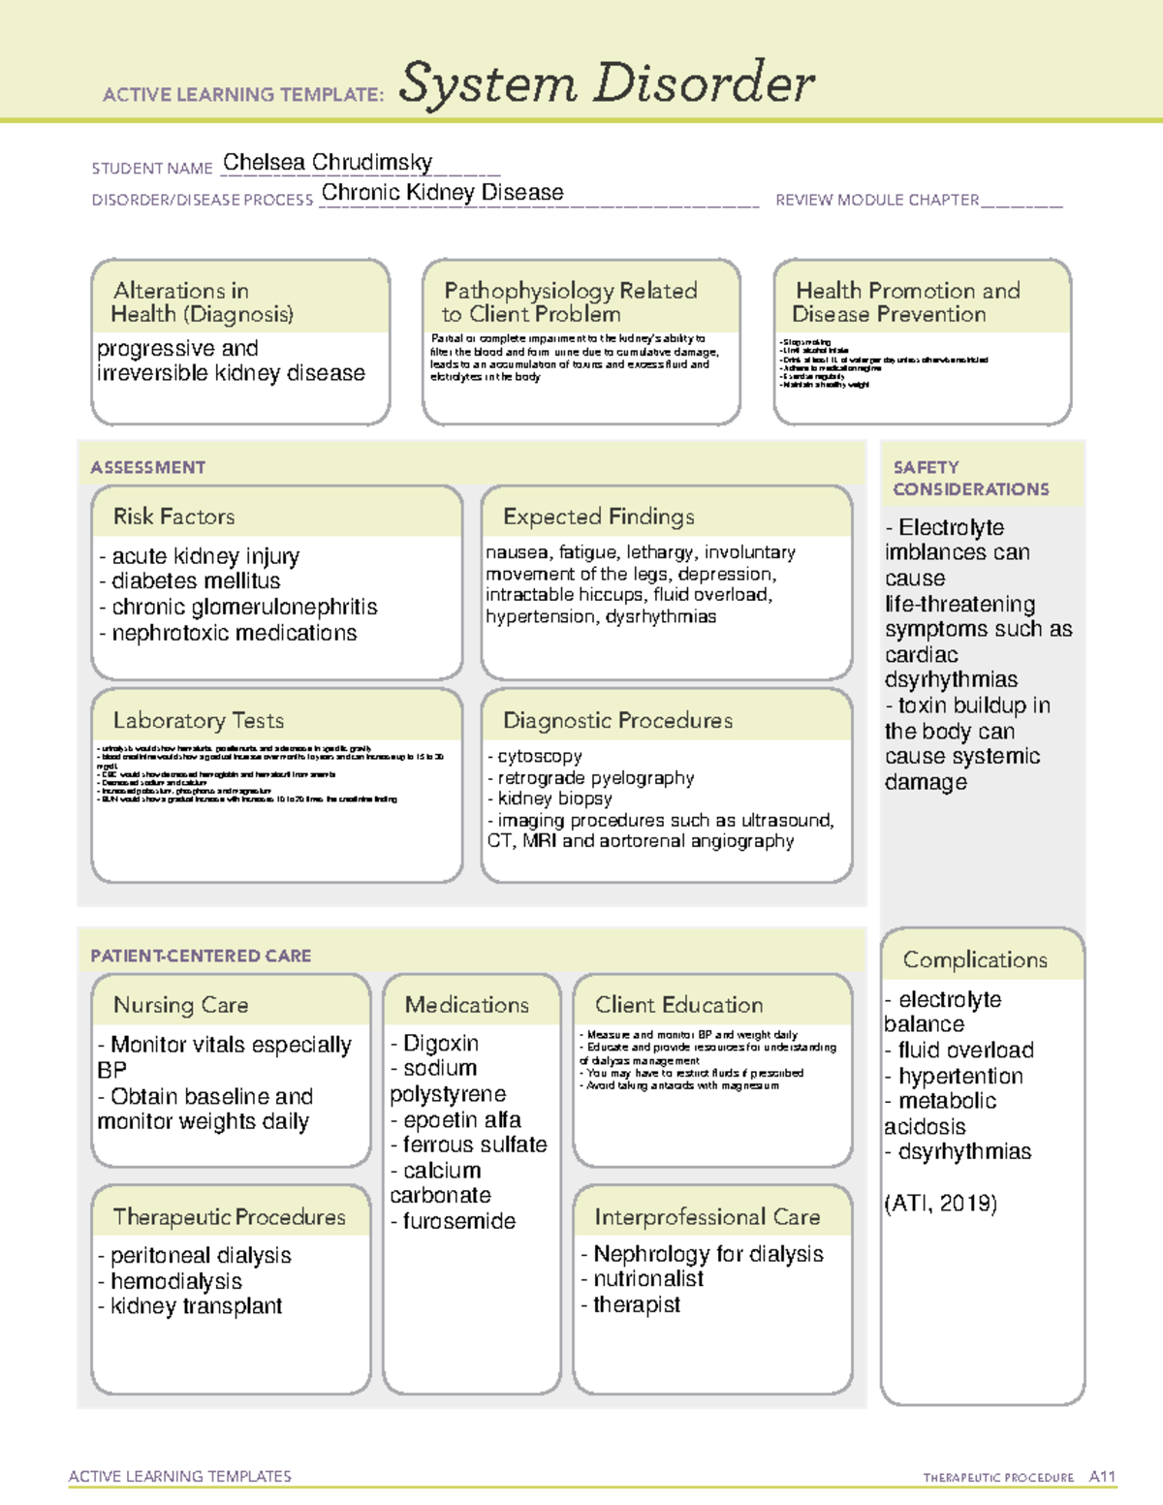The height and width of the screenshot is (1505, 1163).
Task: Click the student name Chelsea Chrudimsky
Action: click(x=327, y=163)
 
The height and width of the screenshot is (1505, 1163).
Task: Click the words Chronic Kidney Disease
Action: click(x=442, y=193)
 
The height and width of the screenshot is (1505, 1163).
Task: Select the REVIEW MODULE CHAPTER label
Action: click(x=877, y=200)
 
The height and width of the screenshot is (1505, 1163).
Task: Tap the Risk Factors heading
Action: click(x=174, y=517)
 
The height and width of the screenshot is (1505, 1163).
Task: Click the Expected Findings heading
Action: click(x=598, y=517)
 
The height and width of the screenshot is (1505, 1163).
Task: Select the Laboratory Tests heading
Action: click(x=199, y=721)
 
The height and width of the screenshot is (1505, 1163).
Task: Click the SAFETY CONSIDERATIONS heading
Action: click(x=970, y=479)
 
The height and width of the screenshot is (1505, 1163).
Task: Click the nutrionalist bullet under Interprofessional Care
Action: click(x=646, y=1279)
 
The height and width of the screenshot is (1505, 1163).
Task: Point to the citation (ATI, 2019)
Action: click(x=940, y=1204)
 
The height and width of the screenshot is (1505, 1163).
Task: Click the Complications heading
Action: click(x=975, y=959)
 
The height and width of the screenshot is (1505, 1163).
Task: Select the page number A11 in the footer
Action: click(x=1102, y=1477)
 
